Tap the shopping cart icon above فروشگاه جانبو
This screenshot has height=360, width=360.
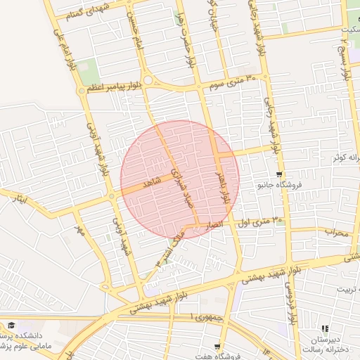(280, 174)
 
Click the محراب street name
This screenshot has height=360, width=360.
(337, 232)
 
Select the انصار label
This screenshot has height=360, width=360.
(212, 225)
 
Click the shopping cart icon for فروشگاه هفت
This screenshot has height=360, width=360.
(219, 347)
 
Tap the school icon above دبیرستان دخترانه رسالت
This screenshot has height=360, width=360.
(324, 328)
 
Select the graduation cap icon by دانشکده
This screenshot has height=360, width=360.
(12, 326)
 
